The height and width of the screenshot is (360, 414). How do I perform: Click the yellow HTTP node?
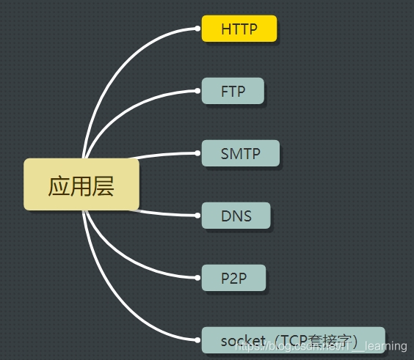(239, 29)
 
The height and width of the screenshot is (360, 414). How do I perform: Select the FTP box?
(233, 92)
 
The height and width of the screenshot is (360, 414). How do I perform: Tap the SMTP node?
(240, 154)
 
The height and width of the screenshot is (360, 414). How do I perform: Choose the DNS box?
(236, 216)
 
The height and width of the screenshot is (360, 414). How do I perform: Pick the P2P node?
(233, 278)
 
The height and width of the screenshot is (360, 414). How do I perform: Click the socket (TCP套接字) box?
(293, 340)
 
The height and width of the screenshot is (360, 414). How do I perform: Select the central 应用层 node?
(81, 184)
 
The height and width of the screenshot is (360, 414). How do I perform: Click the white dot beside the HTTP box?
(198, 29)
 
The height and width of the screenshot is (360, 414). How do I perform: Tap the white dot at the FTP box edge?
(198, 92)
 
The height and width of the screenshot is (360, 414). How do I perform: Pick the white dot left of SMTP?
(198, 154)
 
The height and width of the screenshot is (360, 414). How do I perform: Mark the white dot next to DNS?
(198, 216)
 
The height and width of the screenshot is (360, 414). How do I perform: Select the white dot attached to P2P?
(198, 278)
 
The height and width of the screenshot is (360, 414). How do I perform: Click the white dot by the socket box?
(198, 340)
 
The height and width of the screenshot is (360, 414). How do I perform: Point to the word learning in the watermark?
(385, 345)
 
